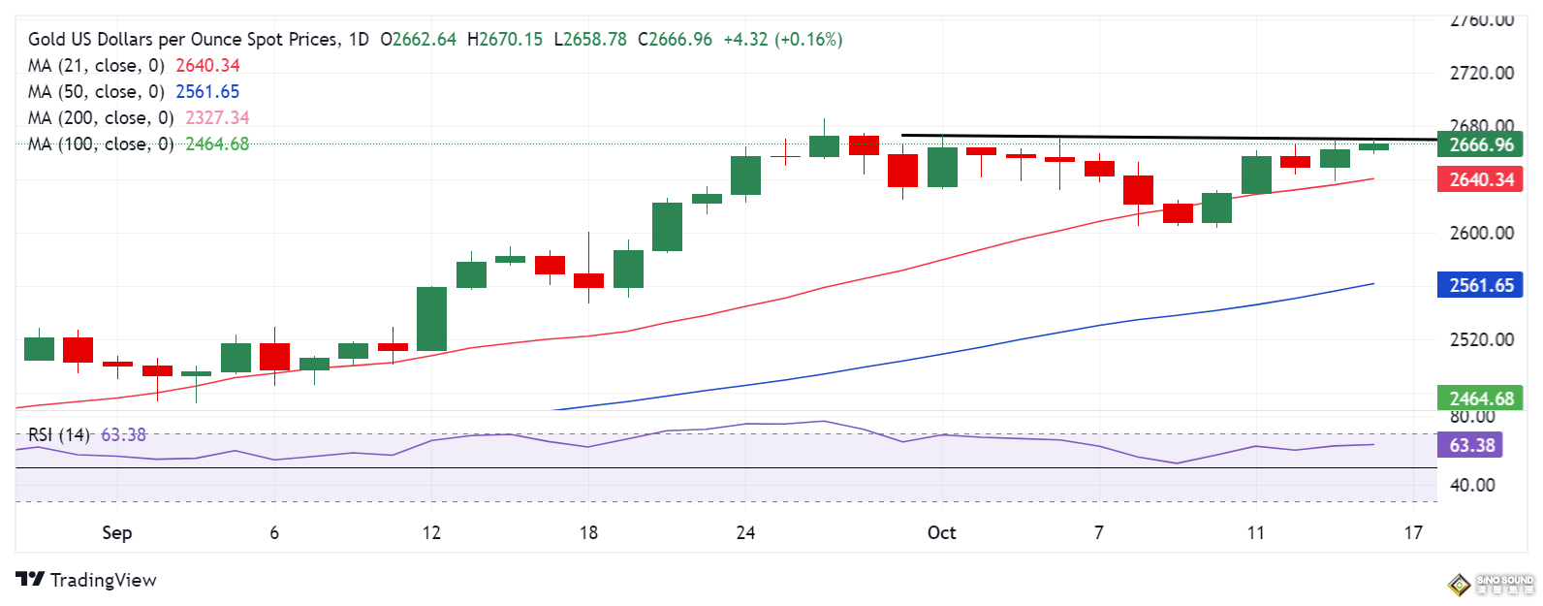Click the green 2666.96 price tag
pyautogui.click(x=1481, y=144)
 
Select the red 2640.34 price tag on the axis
pyautogui.click(x=1481, y=179)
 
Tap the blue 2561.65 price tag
pyautogui.click(x=1481, y=285)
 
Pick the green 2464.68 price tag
pyautogui.click(x=1481, y=399)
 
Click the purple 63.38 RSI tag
pyautogui.click(x=1472, y=445)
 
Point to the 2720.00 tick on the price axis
pyautogui.click(x=1481, y=73)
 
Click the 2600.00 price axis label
pyautogui.click(x=1481, y=233)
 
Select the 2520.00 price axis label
pyautogui.click(x=1481, y=339)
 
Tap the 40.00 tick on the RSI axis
pyautogui.click(x=1472, y=485)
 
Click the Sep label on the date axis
pyautogui.click(x=117, y=532)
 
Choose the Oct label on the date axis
pyautogui.click(x=941, y=532)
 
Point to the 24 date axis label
pyautogui.click(x=745, y=532)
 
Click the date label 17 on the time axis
pyautogui.click(x=1413, y=532)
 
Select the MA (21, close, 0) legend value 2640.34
pyautogui.click(x=207, y=65)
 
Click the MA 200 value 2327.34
pyautogui.click(x=217, y=117)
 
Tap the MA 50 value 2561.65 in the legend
pyautogui.click(x=207, y=91)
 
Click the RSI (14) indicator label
pyautogui.click(x=58, y=434)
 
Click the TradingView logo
pyautogui.click(x=86, y=580)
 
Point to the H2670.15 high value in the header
pyautogui.click(x=505, y=39)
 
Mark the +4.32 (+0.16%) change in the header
pyautogui.click(x=783, y=39)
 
